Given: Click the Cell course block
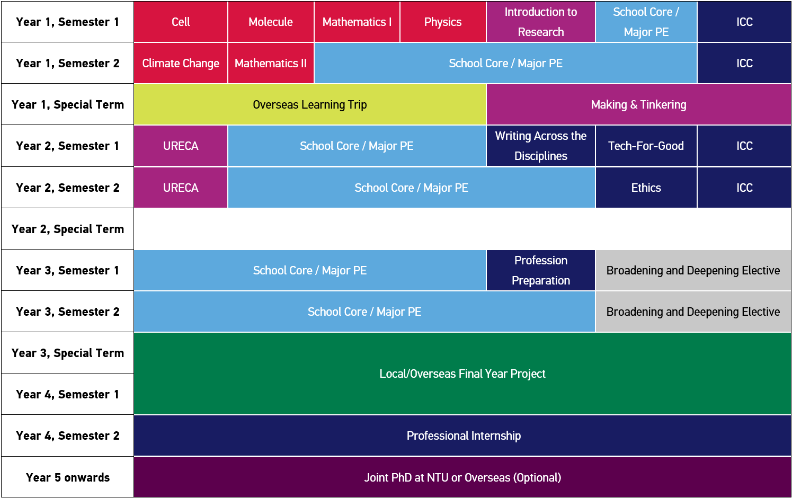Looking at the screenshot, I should [x=181, y=22].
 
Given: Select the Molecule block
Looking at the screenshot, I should [x=271, y=22].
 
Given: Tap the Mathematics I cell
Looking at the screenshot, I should [x=357, y=22].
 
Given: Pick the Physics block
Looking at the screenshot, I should [x=443, y=22].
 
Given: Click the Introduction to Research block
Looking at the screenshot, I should [x=540, y=22].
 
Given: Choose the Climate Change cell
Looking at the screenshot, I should [x=181, y=63].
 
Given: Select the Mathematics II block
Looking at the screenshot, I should [x=271, y=63].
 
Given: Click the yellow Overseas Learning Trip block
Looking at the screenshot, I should [x=310, y=104].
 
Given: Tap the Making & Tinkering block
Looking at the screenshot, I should [x=638, y=104].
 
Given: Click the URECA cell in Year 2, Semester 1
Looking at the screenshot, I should [x=181, y=146].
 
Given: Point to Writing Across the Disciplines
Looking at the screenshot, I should [x=540, y=146].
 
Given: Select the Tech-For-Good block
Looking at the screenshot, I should [x=646, y=146].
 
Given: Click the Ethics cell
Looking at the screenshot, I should [x=646, y=188].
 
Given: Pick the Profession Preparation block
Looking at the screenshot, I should [x=540, y=270].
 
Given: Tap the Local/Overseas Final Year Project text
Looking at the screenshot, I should [x=462, y=374].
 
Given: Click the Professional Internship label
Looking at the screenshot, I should [x=464, y=435].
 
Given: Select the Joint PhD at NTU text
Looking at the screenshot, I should [x=462, y=477].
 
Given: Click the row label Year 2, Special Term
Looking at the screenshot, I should [x=68, y=229].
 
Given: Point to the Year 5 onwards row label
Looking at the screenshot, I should [x=68, y=477].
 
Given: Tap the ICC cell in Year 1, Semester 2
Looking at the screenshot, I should [x=744, y=63].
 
